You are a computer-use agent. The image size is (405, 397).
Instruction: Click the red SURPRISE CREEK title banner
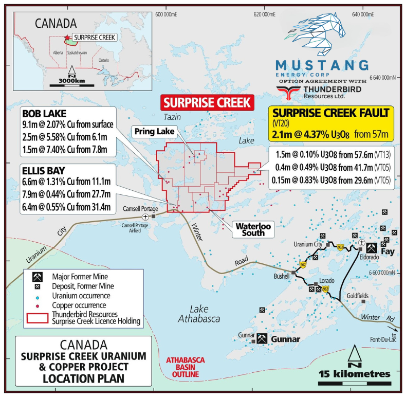(208, 102)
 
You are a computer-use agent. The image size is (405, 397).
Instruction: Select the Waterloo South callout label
(250, 229)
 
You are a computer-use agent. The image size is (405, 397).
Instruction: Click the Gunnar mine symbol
(262, 338)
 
